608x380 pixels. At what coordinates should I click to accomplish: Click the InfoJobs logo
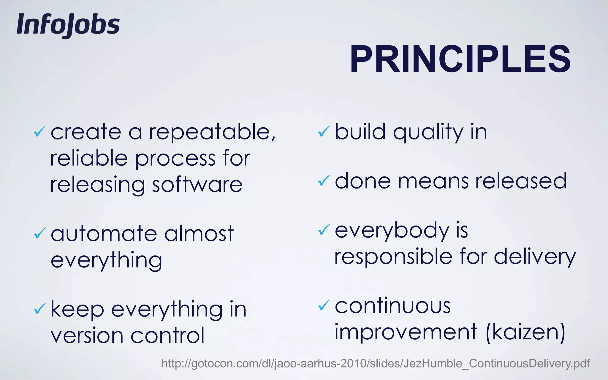click(68, 25)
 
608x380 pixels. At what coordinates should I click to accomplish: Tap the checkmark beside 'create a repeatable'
click(40, 131)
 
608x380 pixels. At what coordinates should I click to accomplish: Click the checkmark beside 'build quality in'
click(324, 131)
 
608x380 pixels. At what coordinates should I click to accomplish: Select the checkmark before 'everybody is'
click(324, 229)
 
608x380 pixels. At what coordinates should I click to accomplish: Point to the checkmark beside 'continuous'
click(324, 305)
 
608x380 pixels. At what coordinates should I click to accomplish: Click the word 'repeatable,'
click(212, 132)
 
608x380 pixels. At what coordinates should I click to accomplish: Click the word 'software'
click(197, 185)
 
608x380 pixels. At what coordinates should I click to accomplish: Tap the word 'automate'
click(104, 234)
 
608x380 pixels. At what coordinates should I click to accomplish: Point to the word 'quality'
click(428, 132)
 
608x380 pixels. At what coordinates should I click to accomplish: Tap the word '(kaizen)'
click(525, 332)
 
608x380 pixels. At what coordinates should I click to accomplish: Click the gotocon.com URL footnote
click(376, 363)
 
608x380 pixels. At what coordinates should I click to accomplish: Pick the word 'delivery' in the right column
click(535, 257)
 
